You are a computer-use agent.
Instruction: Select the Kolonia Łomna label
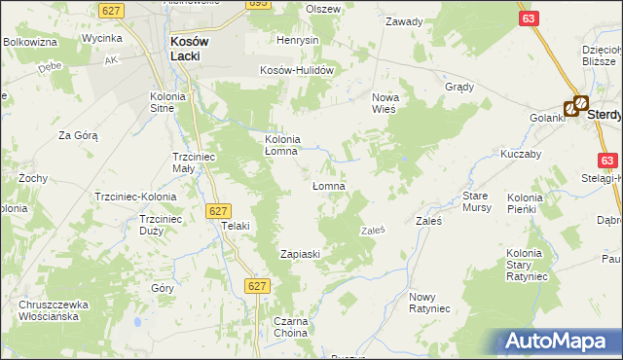pos(289,145)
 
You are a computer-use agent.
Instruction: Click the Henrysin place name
pos(297,41)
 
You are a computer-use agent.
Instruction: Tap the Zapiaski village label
pos(300,254)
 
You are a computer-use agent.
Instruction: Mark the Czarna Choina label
pos(290,327)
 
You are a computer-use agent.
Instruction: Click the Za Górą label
pos(79,135)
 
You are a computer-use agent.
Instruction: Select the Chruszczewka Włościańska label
pos(54,310)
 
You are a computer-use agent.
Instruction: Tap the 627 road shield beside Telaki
pos(218,210)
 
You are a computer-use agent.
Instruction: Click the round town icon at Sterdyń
pos(579,101)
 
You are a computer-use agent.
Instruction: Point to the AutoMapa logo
pos(554,342)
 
